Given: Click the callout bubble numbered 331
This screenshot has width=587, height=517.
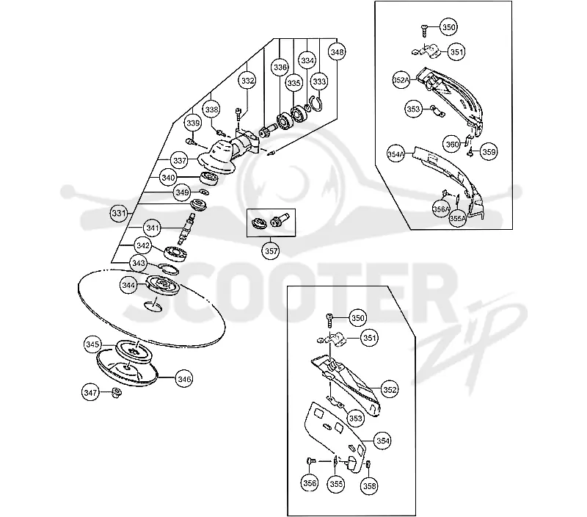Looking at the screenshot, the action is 119,213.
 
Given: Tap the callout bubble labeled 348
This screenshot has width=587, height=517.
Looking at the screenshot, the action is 337,52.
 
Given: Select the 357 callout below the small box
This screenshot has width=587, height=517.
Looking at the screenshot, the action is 271,251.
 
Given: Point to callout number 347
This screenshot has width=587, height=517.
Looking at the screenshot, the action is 90,393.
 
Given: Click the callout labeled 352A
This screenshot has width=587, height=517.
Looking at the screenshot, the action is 401,80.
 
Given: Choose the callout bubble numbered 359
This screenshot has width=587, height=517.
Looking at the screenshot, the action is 489,152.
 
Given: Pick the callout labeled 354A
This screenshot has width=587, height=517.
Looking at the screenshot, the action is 395,153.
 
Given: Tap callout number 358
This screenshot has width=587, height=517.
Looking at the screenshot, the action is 370,486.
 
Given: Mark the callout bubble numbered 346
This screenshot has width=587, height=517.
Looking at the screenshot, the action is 185,379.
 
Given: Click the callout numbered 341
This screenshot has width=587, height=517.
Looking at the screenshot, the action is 153,228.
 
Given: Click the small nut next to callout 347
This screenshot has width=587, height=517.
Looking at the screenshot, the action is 116,393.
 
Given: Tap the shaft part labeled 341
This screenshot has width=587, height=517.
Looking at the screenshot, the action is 186,228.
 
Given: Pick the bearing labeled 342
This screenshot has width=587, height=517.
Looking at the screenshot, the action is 175,253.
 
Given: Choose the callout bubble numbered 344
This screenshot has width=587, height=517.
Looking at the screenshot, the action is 128,286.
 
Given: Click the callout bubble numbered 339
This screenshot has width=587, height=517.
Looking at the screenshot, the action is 193,123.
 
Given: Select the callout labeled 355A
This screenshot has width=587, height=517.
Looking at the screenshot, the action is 457,218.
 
